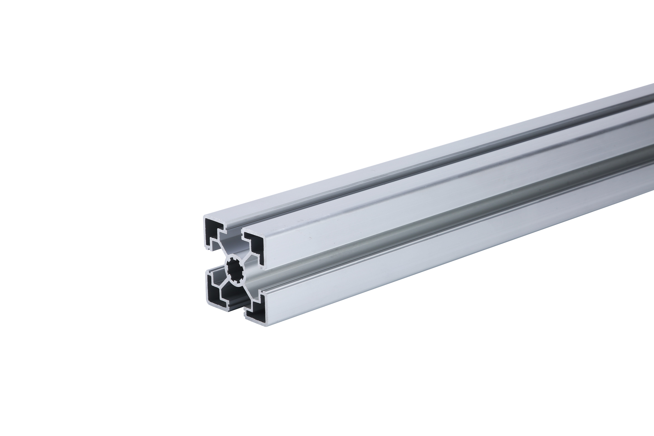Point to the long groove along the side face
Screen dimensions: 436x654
[417, 245]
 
